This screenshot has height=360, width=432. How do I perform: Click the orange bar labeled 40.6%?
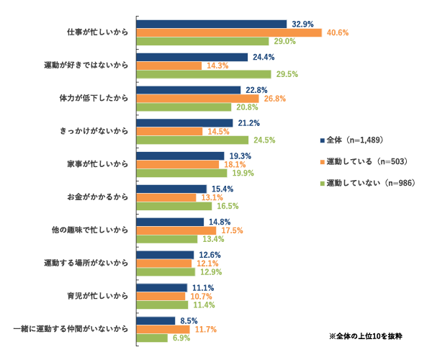pyautogui.click(x=229, y=32)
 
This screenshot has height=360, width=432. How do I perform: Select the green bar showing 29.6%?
pyautogui.click(x=204, y=74)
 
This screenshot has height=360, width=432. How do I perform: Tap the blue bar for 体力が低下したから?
pyautogui.click(x=189, y=90)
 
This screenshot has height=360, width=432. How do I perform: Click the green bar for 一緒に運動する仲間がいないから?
pyautogui.click(x=153, y=338)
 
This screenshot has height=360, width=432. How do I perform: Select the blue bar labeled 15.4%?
pyautogui.click(x=171, y=189)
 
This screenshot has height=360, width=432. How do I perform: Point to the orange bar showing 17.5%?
pyautogui.click(x=176, y=230)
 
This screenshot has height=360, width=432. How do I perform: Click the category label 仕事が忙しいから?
pyautogui.click(x=97, y=32)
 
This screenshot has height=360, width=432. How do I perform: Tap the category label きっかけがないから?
pyautogui.click(x=94, y=131)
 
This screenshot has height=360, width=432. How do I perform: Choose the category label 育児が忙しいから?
pyautogui.click(x=97, y=296)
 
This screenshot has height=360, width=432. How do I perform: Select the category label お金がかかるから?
pyautogui.click(x=97, y=197)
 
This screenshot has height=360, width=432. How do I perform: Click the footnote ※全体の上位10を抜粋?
pyautogui.click(x=365, y=336)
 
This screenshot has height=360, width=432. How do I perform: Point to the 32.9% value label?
pyautogui.click(x=302, y=24)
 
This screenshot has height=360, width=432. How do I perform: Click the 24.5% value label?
pyautogui.click(x=264, y=140)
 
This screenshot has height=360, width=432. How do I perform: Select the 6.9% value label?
pyautogui.click(x=181, y=338)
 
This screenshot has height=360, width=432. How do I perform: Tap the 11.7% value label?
pyautogui.click(x=205, y=329)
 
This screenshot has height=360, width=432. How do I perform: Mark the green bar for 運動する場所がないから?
pyautogui.click(x=166, y=272)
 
